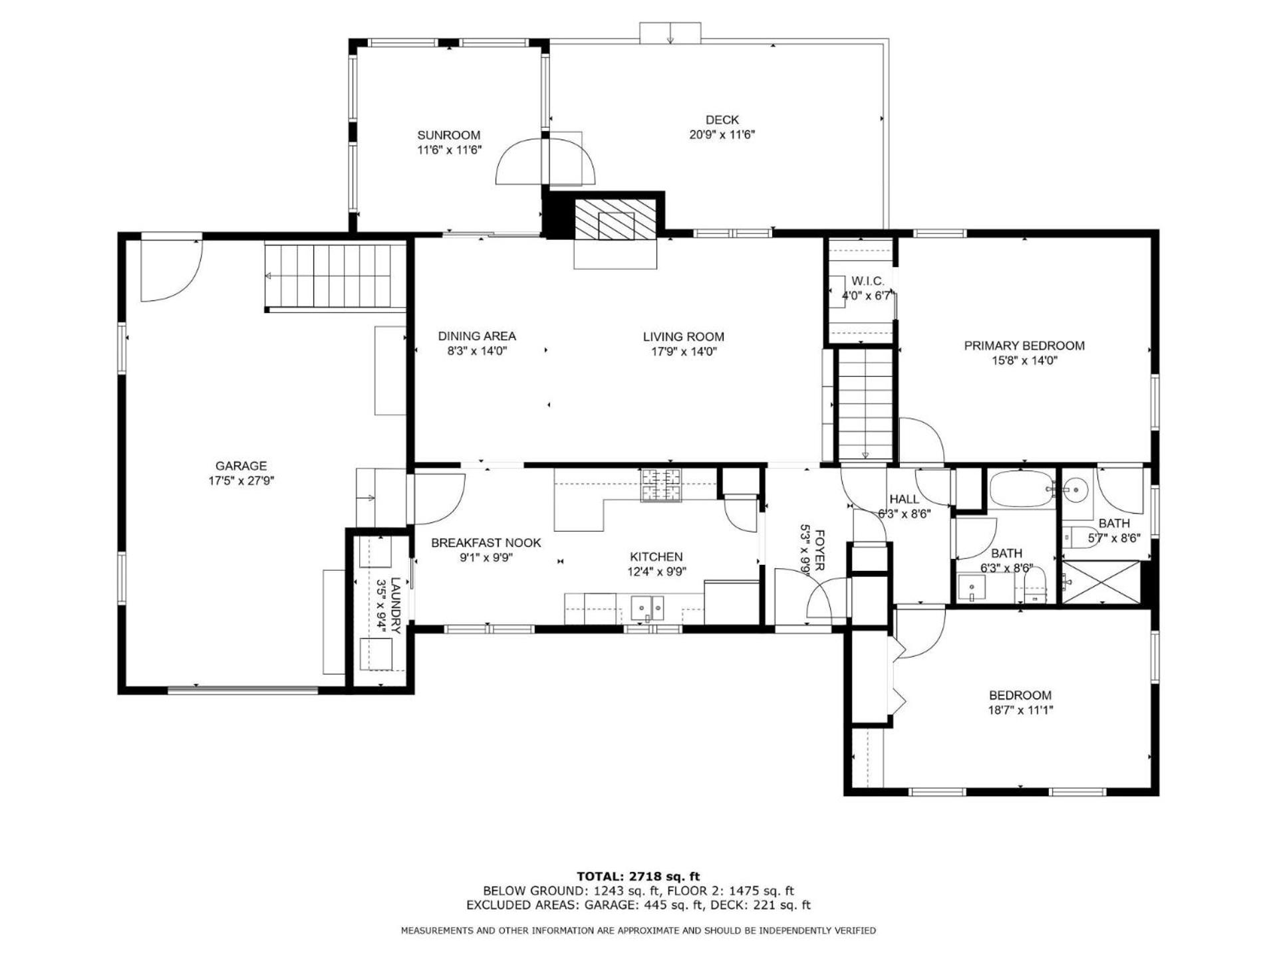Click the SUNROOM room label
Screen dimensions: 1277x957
(448, 136)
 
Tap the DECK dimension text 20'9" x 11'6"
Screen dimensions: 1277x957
(722, 135)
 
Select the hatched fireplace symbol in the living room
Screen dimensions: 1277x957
(616, 219)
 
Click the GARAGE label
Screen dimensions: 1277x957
(241, 466)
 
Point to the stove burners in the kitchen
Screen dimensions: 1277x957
(661, 485)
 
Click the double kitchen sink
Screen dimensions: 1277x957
(648, 607)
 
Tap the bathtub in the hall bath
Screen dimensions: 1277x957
(1021, 490)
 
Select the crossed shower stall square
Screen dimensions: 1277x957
(1100, 582)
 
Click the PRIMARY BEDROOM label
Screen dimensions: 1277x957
(1024, 346)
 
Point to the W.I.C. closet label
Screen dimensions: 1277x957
(868, 281)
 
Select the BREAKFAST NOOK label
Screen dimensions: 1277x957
(486, 543)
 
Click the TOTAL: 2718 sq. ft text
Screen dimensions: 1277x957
(638, 877)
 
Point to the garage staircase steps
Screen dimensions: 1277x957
(336, 276)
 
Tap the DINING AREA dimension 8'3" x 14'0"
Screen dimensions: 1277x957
(477, 352)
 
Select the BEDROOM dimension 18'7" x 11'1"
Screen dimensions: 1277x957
(1020, 710)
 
